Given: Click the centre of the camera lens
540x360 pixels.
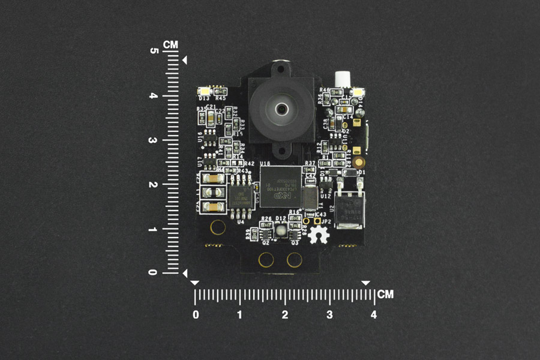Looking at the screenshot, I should pyautogui.click(x=281, y=109).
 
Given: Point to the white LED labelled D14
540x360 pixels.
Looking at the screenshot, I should pyautogui.click(x=359, y=92).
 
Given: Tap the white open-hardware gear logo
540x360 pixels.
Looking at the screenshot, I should pyautogui.click(x=313, y=236).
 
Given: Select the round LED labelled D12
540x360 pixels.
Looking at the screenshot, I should pyautogui.click(x=280, y=229).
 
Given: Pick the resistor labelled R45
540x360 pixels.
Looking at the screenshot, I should pyautogui.click(x=220, y=91).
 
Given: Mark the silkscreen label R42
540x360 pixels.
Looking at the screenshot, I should pyautogui.click(x=249, y=163).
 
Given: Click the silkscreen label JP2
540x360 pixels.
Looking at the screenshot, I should pyautogui.click(x=325, y=221).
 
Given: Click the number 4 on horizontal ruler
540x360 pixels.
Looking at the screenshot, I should pyautogui.click(x=374, y=314).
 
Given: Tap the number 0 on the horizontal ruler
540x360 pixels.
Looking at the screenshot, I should pyautogui.click(x=196, y=314).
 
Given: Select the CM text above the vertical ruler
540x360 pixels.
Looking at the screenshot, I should pyautogui.click(x=172, y=44).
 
